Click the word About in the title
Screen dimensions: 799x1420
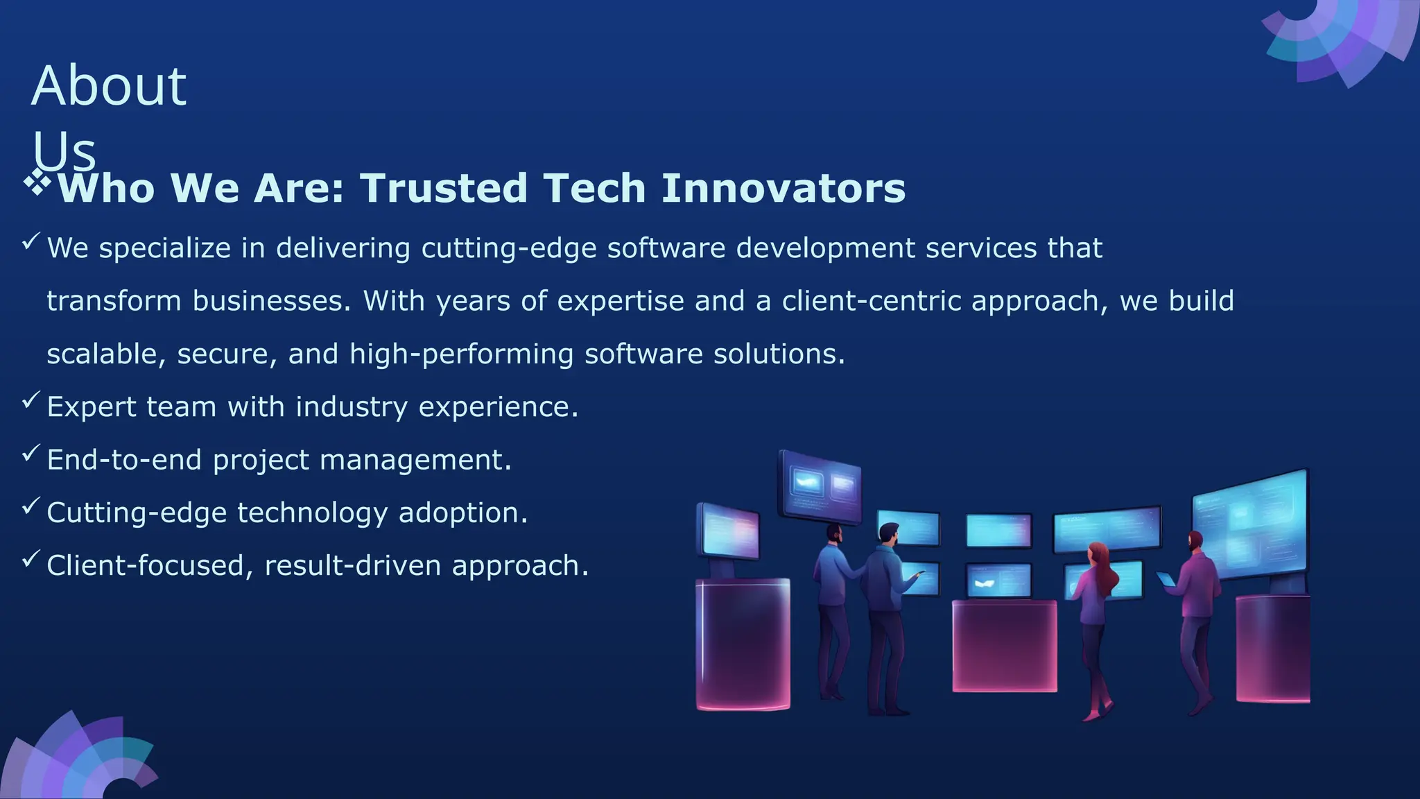click(x=109, y=86)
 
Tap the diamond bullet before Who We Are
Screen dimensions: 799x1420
click(x=37, y=183)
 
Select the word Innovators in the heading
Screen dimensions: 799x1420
click(x=783, y=189)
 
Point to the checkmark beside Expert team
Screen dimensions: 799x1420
click(x=31, y=400)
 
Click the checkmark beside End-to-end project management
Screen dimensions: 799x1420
click(x=31, y=454)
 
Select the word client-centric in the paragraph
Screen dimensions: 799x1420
click(x=872, y=301)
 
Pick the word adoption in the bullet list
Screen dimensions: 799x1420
click(x=462, y=513)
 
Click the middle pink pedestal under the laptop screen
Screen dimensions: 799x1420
click(x=1004, y=645)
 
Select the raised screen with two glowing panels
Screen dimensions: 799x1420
click(x=820, y=486)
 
